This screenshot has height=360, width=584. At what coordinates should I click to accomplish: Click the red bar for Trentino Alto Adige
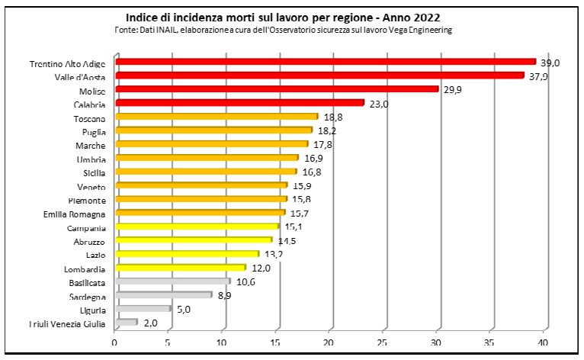pyautogui.click(x=326, y=62)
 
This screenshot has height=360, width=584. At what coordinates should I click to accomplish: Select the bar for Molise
pyautogui.click(x=277, y=89)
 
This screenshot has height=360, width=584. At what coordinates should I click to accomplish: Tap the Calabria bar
pyautogui.click(x=239, y=103)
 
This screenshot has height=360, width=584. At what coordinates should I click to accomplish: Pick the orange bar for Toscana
pyautogui.click(x=217, y=117)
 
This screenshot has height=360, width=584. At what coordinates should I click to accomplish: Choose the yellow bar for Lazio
pyautogui.click(x=188, y=254)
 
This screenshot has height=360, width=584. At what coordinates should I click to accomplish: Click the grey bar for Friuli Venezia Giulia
pyautogui.click(x=127, y=323)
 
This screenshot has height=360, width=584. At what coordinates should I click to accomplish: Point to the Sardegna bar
pyautogui.click(x=164, y=295)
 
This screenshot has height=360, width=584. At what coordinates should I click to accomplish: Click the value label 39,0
pyautogui.click(x=550, y=63)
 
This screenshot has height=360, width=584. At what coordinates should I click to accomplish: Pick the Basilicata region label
pyautogui.click(x=85, y=283)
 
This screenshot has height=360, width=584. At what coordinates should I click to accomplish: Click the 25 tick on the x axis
pyautogui.click(x=383, y=343)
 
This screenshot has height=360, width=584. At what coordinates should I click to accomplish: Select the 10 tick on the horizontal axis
pyautogui.click(x=223, y=343)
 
